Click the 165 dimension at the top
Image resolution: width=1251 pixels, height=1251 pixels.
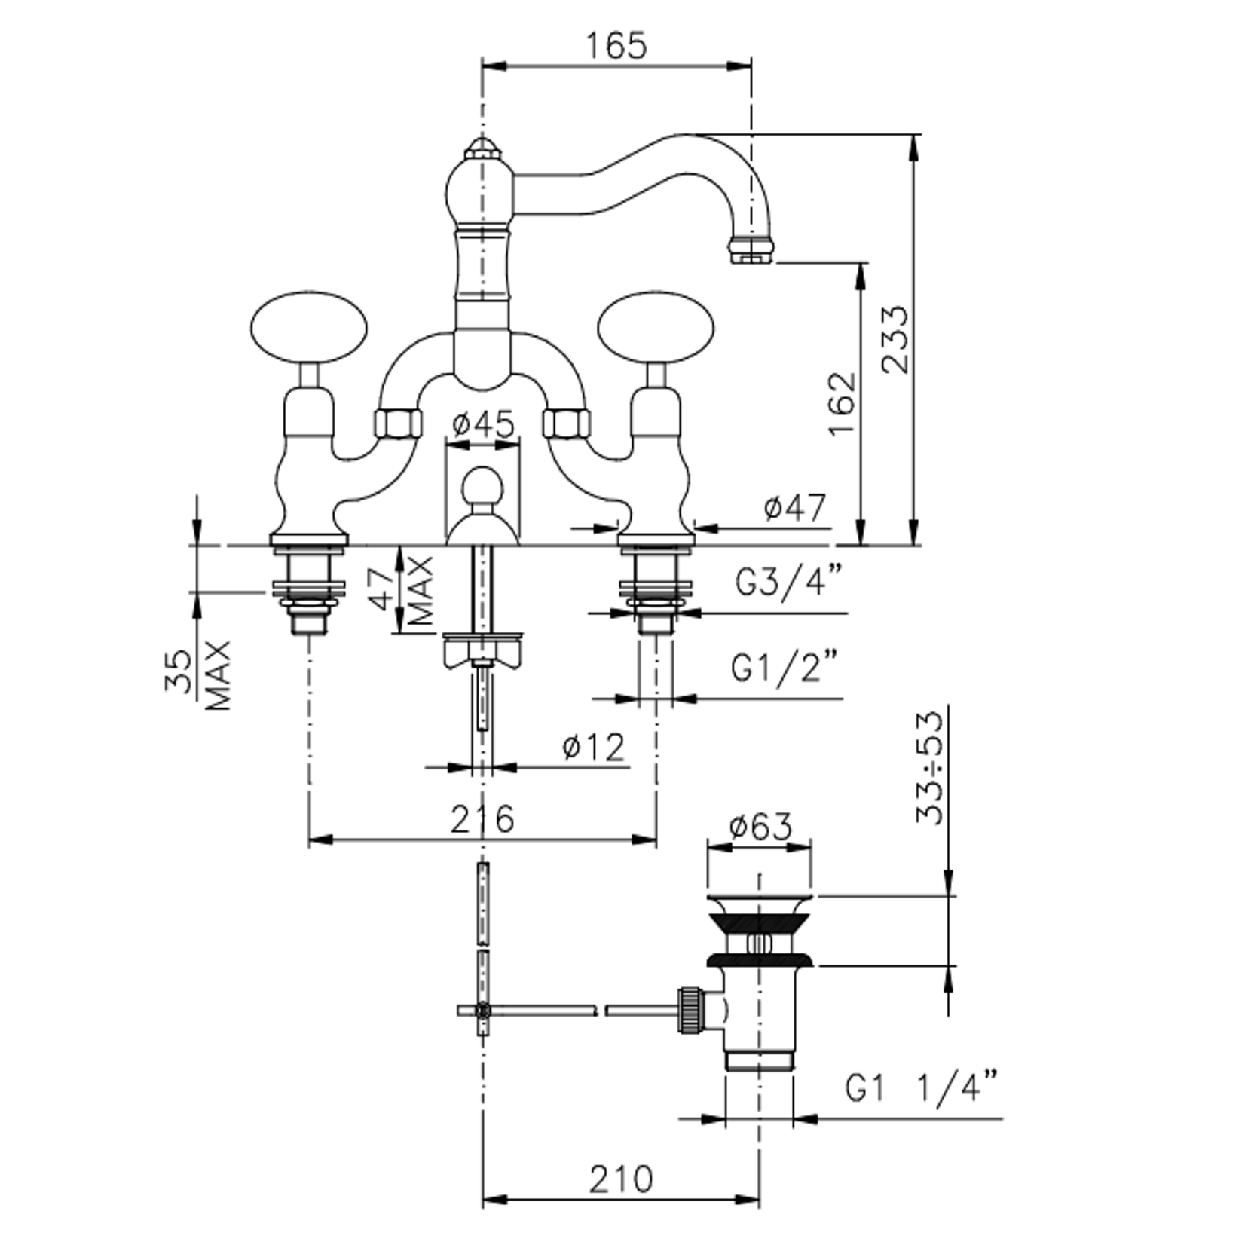coord(616,45)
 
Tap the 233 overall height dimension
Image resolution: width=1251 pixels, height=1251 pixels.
coord(896,339)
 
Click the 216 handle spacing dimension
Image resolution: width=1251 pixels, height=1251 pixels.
coord(482,818)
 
